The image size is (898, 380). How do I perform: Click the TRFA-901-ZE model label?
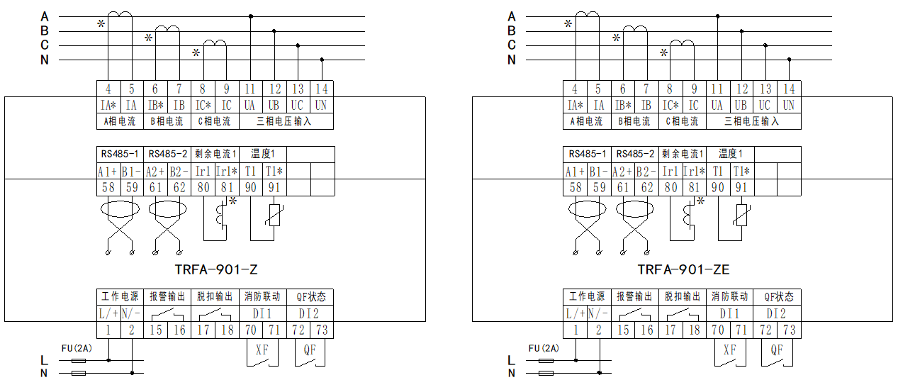point(683,269)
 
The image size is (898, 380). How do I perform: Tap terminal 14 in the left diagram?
point(322,89)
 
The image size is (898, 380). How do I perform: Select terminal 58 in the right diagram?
point(576,188)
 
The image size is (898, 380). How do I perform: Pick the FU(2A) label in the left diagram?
point(76,347)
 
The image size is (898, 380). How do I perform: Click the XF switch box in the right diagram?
point(729,354)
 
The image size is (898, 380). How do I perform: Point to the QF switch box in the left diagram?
point(310,354)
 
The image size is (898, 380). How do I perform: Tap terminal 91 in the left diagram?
point(274,188)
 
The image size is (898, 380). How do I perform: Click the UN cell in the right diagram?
point(789,105)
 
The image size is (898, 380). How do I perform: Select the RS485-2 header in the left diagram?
point(168,154)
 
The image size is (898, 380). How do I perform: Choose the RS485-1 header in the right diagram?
point(587,154)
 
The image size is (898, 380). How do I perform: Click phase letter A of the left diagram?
point(45,16)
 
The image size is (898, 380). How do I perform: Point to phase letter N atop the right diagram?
point(512,60)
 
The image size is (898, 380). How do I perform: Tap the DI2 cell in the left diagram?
point(310,313)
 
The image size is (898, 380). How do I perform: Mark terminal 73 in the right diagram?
point(789,330)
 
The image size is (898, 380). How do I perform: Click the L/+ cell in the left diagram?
point(108,313)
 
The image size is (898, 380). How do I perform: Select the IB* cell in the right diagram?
point(622,105)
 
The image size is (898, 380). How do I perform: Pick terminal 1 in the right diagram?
point(576,330)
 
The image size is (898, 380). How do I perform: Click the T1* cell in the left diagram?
point(274,171)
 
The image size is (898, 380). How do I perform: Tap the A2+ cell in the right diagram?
point(623,171)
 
